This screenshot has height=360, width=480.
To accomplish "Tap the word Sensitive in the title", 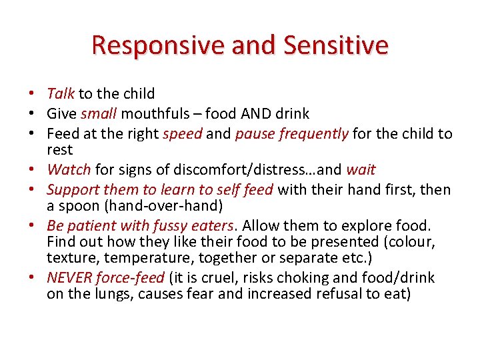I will tap(335, 45).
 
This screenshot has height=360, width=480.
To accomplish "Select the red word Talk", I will tap(61, 94).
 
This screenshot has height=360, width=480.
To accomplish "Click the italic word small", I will tap(98, 113).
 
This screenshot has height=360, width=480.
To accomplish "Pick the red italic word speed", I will tap(183, 133).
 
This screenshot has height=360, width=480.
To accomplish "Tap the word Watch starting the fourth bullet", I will tap(69, 170).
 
